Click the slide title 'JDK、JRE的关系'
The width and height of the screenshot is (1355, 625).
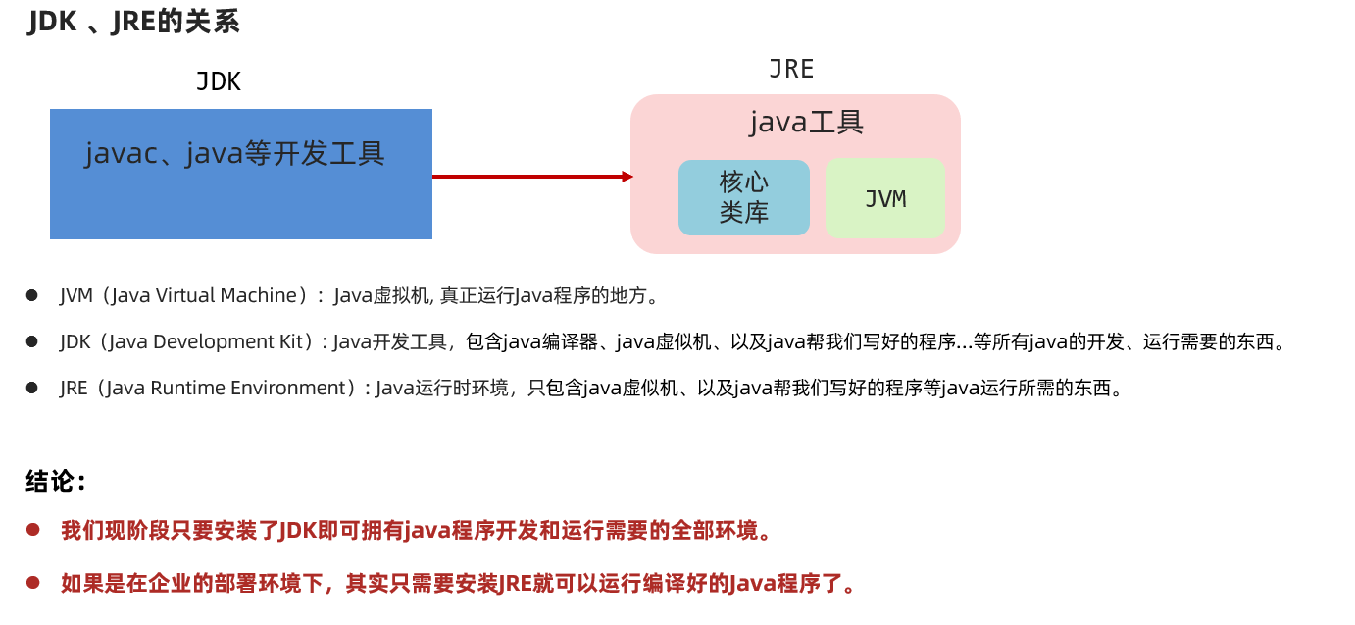[133, 22]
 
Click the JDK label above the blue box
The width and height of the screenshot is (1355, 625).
[219, 81]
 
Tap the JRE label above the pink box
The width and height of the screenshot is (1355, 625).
[791, 69]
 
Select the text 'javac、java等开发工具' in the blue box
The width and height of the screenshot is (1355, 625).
[235, 154]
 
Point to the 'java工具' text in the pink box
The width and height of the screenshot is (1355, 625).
[806, 123]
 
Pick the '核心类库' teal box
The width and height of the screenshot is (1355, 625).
[744, 197]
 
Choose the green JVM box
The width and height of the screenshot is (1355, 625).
[884, 198]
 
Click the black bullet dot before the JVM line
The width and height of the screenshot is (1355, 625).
[31, 295]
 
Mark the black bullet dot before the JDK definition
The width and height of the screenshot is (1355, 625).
[31, 341]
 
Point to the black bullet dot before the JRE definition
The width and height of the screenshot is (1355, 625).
[31, 388]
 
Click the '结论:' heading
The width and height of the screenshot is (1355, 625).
[56, 482]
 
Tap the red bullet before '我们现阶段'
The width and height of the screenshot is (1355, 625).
[32, 531]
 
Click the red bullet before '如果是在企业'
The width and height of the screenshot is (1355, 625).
[32, 584]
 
